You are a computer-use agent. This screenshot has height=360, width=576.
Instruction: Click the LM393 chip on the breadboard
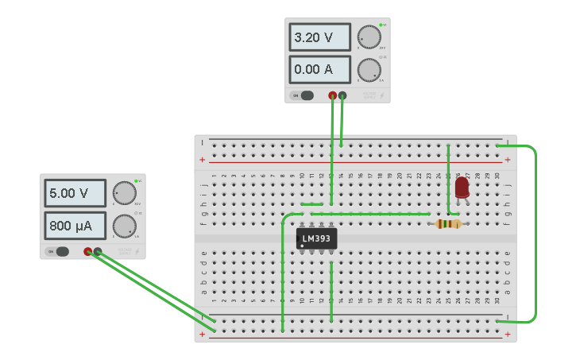[x=316, y=238]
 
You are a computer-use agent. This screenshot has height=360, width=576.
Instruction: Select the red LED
[x=462, y=188]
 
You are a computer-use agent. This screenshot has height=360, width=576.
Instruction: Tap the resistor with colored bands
[x=448, y=224]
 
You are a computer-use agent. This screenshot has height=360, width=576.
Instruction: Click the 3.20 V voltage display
[x=320, y=37]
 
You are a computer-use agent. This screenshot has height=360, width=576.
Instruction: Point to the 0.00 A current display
[x=320, y=69]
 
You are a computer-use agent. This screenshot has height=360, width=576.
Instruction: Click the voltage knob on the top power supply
[x=368, y=37]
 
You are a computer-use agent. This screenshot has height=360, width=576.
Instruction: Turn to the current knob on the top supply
[x=368, y=70]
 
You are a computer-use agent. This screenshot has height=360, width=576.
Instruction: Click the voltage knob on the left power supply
[x=123, y=193]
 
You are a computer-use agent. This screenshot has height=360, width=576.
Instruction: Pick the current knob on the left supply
[x=123, y=226]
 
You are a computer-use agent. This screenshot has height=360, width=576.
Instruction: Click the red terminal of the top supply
[x=332, y=95]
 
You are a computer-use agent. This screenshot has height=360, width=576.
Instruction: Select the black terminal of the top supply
[x=342, y=95]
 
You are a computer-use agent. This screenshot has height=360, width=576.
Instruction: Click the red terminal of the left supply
[x=87, y=252]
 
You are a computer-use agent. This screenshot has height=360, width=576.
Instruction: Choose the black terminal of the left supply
[x=98, y=252]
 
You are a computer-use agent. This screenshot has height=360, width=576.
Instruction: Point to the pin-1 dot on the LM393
[x=302, y=246]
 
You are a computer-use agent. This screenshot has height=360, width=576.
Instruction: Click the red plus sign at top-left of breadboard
[x=202, y=160]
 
